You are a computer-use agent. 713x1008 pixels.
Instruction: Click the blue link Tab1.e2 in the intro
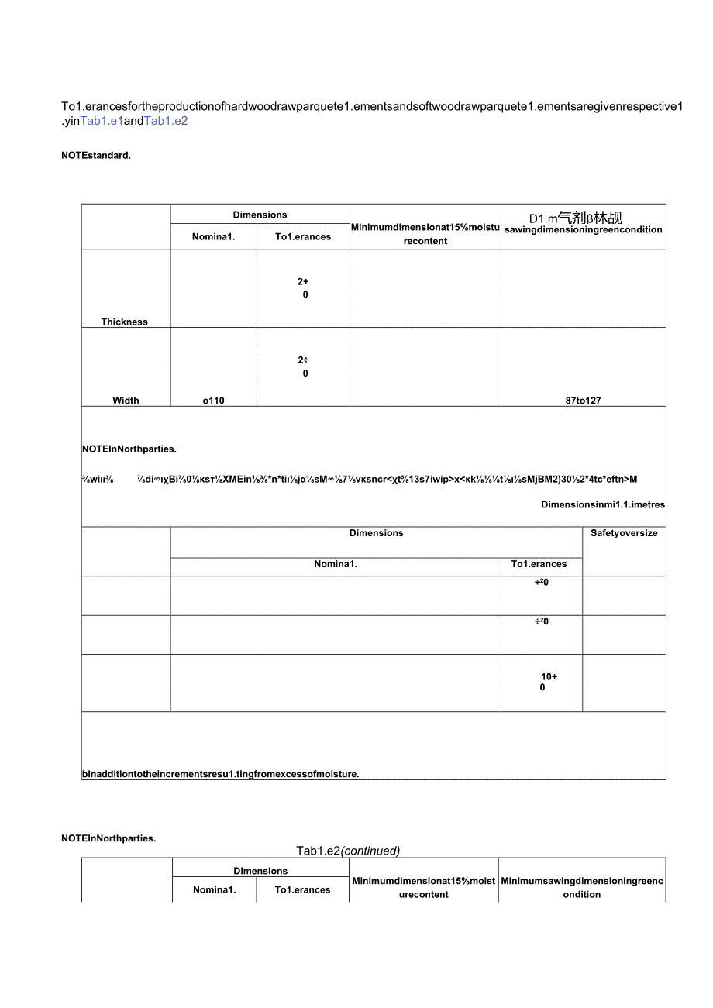point(166,121)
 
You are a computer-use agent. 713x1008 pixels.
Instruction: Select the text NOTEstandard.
point(96,155)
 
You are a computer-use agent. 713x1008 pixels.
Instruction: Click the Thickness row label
point(124,322)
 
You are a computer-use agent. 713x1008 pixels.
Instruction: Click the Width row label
point(126,401)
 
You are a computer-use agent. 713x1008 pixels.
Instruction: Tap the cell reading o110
point(213,401)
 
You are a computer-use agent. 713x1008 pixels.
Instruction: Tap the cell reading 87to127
point(583,401)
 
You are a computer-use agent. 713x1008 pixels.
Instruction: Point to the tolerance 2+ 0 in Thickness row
point(304,288)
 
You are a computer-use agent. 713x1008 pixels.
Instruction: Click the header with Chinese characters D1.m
point(576,218)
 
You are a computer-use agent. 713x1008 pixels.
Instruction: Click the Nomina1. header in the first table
point(213,237)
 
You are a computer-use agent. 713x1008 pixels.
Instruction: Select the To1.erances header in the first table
point(303,237)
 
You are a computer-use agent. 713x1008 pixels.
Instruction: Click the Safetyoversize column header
point(624,533)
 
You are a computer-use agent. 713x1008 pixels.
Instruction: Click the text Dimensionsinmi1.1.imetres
point(603,504)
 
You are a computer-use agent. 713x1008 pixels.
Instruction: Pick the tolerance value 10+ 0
point(547,682)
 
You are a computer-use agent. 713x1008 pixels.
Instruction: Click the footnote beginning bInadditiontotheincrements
point(220,773)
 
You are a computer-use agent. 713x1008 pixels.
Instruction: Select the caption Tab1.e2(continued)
point(348,851)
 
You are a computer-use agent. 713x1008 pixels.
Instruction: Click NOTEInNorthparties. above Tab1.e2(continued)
point(108,838)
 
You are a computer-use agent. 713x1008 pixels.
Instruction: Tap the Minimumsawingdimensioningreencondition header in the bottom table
point(582,887)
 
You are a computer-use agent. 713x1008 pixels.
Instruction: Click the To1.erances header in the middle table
point(539,564)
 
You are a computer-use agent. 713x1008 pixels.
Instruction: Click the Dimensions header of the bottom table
point(260,871)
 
